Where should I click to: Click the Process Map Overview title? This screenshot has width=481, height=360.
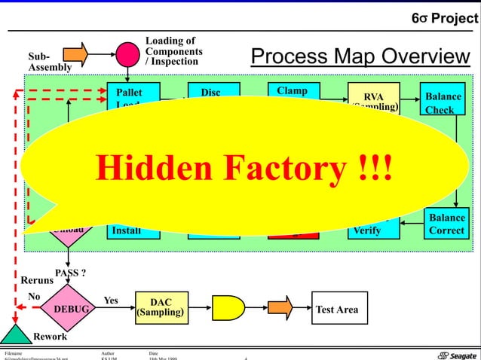(x=360, y=56)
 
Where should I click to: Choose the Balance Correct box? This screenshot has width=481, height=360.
(x=446, y=222)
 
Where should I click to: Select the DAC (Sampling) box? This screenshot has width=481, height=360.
(x=161, y=309)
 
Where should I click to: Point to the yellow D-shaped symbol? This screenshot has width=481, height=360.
(x=228, y=309)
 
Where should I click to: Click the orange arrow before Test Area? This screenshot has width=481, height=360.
(x=280, y=309)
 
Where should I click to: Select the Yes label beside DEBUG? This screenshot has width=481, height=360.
(x=111, y=300)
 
